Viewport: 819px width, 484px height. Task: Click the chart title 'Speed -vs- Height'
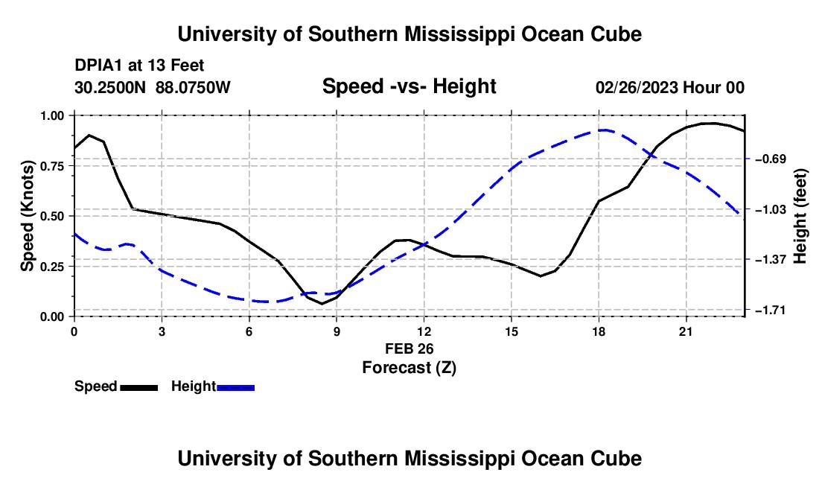click(x=409, y=86)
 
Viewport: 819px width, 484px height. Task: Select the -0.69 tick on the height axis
click(x=771, y=159)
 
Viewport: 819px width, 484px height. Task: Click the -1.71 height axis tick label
click(x=771, y=311)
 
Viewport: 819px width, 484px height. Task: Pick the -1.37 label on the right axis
click(x=771, y=259)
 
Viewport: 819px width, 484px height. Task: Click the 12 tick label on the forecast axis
click(x=424, y=331)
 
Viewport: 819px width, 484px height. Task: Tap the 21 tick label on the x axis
click(x=686, y=331)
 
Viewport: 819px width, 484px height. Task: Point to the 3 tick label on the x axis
click(x=162, y=331)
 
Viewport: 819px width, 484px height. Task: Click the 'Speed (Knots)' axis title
click(x=27, y=216)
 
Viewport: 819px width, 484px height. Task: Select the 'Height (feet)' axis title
click(x=800, y=216)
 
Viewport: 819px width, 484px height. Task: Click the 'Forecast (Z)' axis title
click(x=409, y=368)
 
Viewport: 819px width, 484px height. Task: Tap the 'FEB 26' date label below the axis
click(x=409, y=348)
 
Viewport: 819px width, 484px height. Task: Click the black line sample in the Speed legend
click(x=139, y=387)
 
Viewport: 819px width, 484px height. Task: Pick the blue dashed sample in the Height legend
click(x=235, y=387)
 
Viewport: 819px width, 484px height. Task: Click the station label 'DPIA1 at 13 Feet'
click(x=139, y=66)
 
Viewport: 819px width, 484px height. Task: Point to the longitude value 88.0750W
click(x=193, y=87)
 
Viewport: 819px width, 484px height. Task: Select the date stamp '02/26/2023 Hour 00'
click(x=670, y=87)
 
